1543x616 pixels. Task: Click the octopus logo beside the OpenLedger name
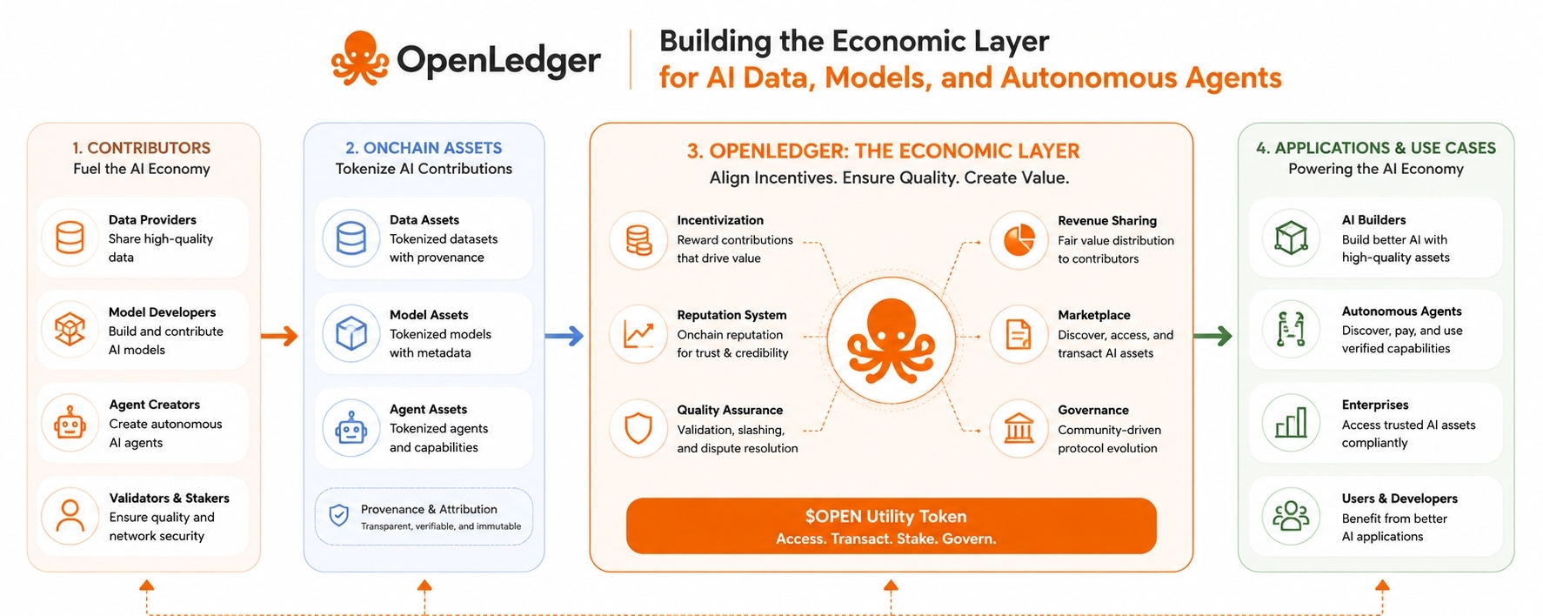click(360, 58)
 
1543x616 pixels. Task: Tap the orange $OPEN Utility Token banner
click(891, 526)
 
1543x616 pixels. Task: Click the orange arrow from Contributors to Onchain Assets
click(279, 336)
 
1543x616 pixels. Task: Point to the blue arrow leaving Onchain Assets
click(564, 336)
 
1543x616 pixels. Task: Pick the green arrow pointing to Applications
click(1212, 336)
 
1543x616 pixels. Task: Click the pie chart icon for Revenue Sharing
click(1019, 239)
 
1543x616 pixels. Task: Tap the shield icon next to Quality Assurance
click(638, 428)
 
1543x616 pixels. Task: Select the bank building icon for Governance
click(1019, 428)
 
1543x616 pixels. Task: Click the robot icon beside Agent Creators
click(70, 424)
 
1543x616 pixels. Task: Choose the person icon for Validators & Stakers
click(70, 516)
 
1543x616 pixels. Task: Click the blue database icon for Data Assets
click(351, 238)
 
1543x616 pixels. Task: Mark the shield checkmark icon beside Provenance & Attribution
click(339, 515)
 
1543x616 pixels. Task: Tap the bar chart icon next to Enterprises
click(1291, 423)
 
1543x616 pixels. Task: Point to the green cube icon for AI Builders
click(1291, 238)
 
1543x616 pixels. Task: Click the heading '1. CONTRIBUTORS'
click(141, 148)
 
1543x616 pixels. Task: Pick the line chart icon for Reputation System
click(638, 334)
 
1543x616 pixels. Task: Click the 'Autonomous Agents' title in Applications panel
click(1401, 311)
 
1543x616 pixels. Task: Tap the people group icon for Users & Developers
click(1291, 516)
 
